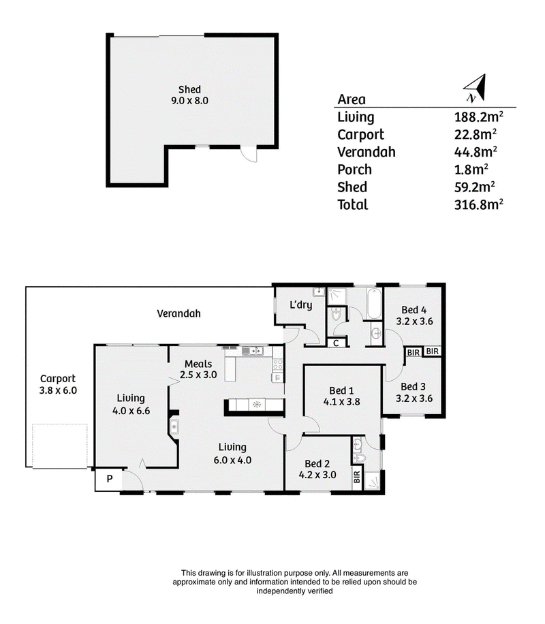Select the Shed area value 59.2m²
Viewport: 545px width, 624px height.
(x=475, y=187)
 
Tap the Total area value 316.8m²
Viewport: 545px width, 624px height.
(x=478, y=204)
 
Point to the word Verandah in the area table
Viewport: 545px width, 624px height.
(x=367, y=152)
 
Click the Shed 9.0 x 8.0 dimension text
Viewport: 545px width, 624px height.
(x=189, y=101)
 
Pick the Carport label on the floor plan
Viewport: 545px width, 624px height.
(x=58, y=379)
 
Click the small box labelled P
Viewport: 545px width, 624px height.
(x=109, y=479)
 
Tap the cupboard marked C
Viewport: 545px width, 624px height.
(x=336, y=343)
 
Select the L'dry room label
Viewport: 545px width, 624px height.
(x=300, y=305)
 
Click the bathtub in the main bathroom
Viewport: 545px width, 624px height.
(x=374, y=304)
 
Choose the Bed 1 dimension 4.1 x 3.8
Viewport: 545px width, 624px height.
(x=341, y=402)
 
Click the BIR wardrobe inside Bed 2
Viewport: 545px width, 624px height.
(x=357, y=477)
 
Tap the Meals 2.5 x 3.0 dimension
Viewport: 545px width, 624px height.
(x=198, y=375)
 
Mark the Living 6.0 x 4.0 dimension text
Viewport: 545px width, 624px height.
(x=232, y=461)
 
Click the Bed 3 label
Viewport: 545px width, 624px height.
(x=414, y=386)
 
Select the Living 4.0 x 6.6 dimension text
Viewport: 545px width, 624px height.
(x=131, y=411)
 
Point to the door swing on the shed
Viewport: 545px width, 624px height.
(x=249, y=155)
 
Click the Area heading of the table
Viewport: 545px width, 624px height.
(x=352, y=99)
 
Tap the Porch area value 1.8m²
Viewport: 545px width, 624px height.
(x=471, y=170)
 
